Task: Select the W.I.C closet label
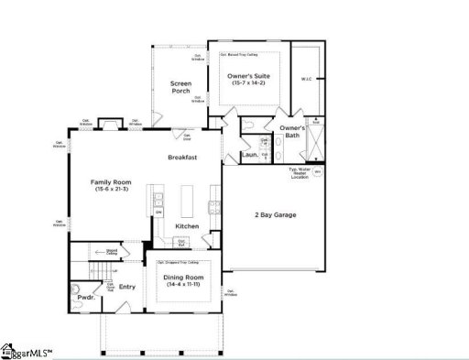tap(307, 79)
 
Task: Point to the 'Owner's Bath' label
tap(292, 132)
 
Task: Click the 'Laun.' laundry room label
tap(248, 155)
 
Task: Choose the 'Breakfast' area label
tap(182, 158)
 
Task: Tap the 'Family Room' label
tap(106, 181)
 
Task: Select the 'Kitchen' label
tap(188, 225)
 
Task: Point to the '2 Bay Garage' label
tap(276, 215)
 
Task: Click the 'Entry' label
tap(127, 286)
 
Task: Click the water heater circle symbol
tap(319, 171)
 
